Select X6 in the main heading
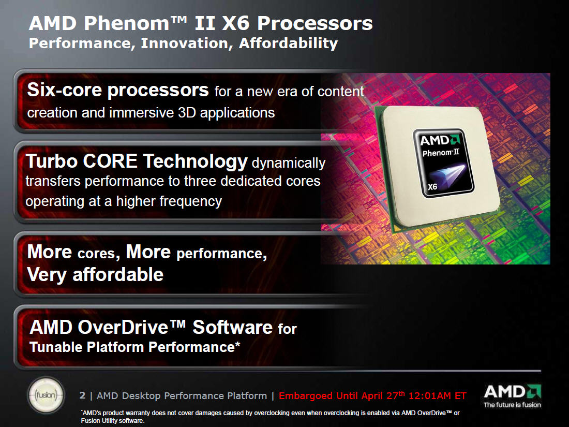coord(235,23)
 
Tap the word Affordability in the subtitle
coord(289,43)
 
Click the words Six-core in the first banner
coord(64,90)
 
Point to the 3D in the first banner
coord(187,112)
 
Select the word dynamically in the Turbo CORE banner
coord(289,164)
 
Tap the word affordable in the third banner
coord(118,274)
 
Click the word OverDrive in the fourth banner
coord(123,327)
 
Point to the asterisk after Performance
coord(238,344)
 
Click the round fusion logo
coord(46,395)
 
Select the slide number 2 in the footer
coord(82,395)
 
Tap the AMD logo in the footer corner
coord(513,391)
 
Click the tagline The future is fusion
coord(513,405)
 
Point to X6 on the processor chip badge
coord(432,187)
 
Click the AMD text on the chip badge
coord(435,140)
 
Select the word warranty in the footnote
coord(137,413)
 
